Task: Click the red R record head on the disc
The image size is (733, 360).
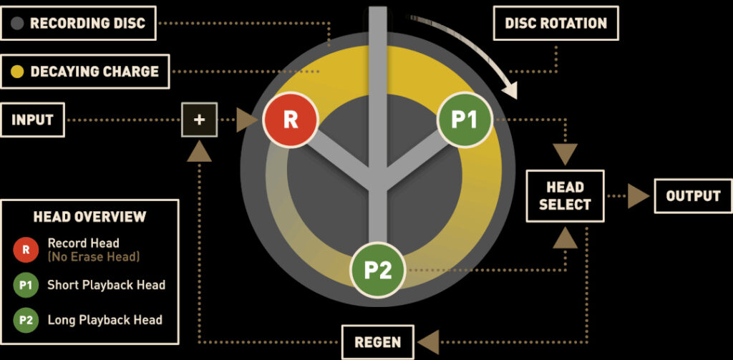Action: click(290, 120)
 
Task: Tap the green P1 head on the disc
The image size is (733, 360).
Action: click(465, 120)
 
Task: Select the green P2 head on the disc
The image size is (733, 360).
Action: click(377, 270)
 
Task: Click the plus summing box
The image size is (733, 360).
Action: click(200, 120)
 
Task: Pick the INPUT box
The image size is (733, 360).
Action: click(33, 120)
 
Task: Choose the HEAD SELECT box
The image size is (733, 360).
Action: click(565, 196)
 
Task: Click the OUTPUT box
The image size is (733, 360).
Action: click(692, 196)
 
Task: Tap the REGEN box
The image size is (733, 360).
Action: click(378, 342)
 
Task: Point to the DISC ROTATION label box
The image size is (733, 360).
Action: click(555, 23)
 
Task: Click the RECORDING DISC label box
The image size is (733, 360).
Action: click(78, 23)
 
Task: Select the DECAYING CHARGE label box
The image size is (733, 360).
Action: click(85, 72)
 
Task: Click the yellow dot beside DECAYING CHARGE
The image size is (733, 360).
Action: click(18, 72)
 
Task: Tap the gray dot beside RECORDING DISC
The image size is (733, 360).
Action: click(18, 23)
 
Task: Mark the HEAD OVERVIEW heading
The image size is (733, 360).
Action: click(89, 216)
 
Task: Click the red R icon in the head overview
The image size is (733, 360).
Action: click(26, 250)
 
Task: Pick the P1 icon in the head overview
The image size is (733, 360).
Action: click(26, 285)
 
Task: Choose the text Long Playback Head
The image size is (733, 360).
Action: click(105, 320)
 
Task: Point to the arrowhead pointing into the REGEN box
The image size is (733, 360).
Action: click(427, 342)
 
